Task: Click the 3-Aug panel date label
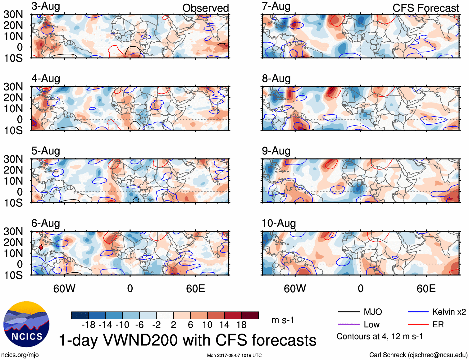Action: pyautogui.click(x=46, y=6)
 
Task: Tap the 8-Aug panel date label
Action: pyautogui.click(x=276, y=79)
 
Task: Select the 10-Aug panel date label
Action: pyautogui.click(x=279, y=223)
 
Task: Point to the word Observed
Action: pyautogui.click(x=205, y=8)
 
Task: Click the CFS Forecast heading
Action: pyautogui.click(x=426, y=8)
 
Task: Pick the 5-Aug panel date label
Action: pyautogui.click(x=46, y=151)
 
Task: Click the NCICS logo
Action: pyautogui.click(x=26, y=324)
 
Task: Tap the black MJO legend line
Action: pyautogui.click(x=348, y=312)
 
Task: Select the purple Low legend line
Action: pyautogui.click(x=348, y=325)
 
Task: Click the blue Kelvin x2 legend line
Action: pyautogui.click(x=418, y=312)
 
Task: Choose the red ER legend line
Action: pyautogui.click(x=418, y=325)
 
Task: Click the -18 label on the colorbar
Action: pyautogui.click(x=89, y=325)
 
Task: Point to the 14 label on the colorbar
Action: pyautogui.click(x=224, y=325)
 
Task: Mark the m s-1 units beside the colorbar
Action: pyautogui.click(x=283, y=320)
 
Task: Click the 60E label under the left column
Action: pyautogui.click(x=195, y=289)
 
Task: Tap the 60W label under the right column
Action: pyautogui.click(x=295, y=289)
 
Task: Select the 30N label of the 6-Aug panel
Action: pyautogui.click(x=13, y=232)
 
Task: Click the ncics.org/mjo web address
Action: pyautogui.click(x=20, y=355)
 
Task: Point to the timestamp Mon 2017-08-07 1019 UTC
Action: pyautogui.click(x=234, y=355)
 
